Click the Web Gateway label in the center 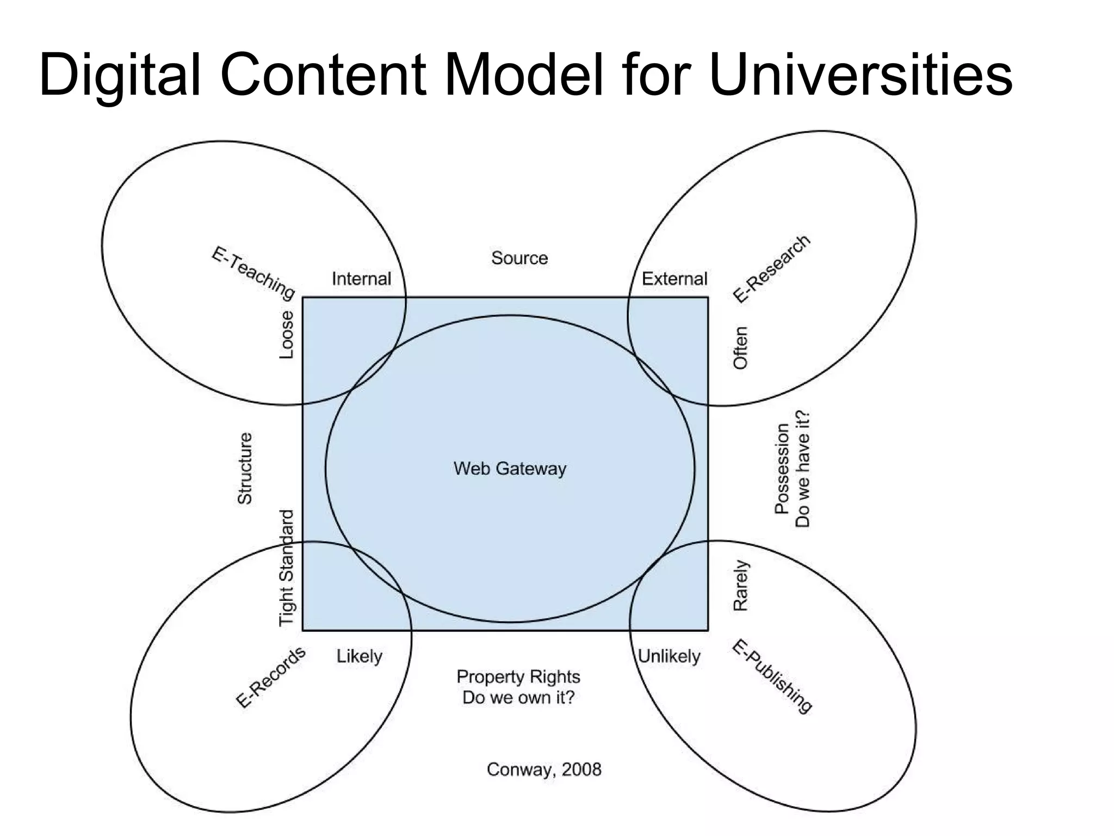(510, 469)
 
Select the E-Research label (771, 269)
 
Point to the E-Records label (270, 678)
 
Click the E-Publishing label (772, 677)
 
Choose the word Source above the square (519, 258)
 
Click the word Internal (361, 279)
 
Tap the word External (674, 279)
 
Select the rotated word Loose (287, 335)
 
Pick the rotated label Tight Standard (287, 568)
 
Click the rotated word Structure (245, 469)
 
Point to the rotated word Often (741, 348)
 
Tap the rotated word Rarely (741, 586)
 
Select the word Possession (782, 469)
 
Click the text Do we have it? (803, 469)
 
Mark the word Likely (359, 656)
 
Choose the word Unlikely (669, 656)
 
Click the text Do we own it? (518, 698)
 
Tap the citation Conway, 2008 (544, 770)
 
